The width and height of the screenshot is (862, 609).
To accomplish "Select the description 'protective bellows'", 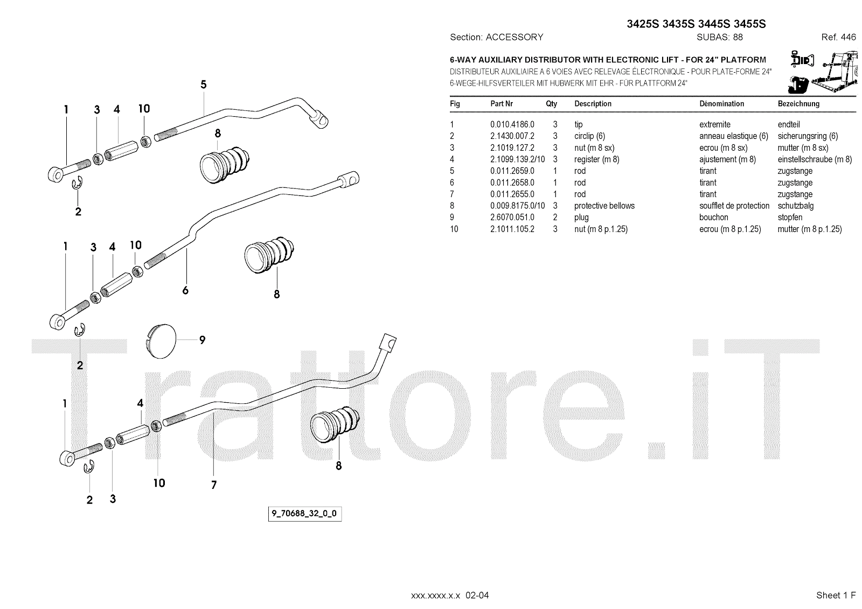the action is click(604, 206).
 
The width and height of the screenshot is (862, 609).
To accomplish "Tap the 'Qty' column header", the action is click(551, 103).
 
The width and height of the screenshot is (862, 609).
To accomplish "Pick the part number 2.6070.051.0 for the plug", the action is click(512, 218).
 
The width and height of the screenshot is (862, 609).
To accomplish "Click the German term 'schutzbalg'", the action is click(795, 206).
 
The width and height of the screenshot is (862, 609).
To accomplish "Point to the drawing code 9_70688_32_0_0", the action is click(304, 513).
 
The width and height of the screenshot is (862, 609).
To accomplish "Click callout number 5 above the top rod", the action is click(203, 85).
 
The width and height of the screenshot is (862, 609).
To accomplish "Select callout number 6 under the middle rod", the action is click(185, 290).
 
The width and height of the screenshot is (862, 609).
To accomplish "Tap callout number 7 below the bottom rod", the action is click(214, 485).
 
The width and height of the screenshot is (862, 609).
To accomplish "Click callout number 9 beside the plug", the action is click(203, 340).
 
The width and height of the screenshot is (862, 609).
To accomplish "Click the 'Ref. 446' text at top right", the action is click(838, 37).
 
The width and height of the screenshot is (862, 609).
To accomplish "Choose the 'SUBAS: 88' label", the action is click(719, 37).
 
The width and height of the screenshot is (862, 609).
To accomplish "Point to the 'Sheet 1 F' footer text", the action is click(836, 595).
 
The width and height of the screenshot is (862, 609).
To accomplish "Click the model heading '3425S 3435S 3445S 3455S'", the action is click(696, 24).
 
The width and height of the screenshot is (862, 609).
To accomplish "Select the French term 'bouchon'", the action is click(713, 218).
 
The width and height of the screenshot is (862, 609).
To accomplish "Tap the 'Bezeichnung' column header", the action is click(798, 103).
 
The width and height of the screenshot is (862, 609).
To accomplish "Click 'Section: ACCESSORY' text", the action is click(496, 37).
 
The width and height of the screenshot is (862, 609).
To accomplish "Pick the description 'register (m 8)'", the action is click(596, 159).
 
